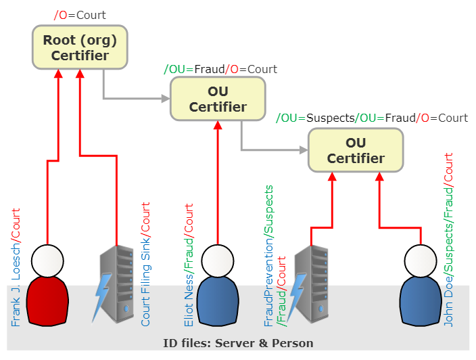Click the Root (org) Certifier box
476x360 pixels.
pos(80,47)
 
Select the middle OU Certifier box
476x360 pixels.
pos(218,99)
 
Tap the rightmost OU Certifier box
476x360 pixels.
pos(356,150)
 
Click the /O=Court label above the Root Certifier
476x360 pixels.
pos(80,14)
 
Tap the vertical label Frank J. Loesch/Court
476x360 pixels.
pos(16,267)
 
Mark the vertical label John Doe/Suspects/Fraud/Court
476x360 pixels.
pos(448,240)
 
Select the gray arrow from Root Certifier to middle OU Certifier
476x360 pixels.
pos(135,98)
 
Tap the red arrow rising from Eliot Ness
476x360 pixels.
pos(218,183)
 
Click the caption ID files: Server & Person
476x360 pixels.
pos(238,343)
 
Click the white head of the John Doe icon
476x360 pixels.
pos(420,259)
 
